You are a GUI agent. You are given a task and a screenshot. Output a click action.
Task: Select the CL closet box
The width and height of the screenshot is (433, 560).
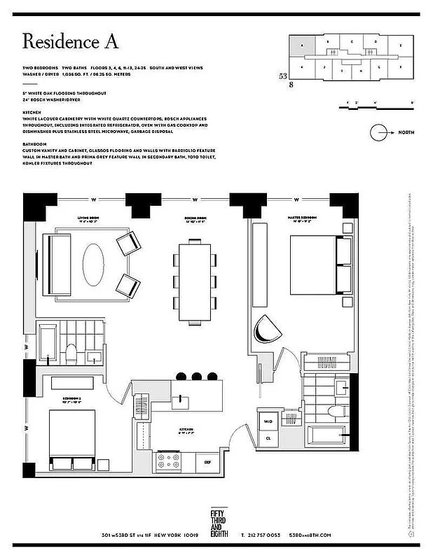(x=268, y=439)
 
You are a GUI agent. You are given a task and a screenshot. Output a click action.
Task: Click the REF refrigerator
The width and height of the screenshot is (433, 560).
(x=207, y=462)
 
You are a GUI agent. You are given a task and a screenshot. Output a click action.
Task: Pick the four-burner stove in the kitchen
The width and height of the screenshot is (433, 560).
(x=168, y=462)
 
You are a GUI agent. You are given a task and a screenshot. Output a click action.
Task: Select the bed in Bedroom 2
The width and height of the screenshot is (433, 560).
(x=72, y=438)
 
